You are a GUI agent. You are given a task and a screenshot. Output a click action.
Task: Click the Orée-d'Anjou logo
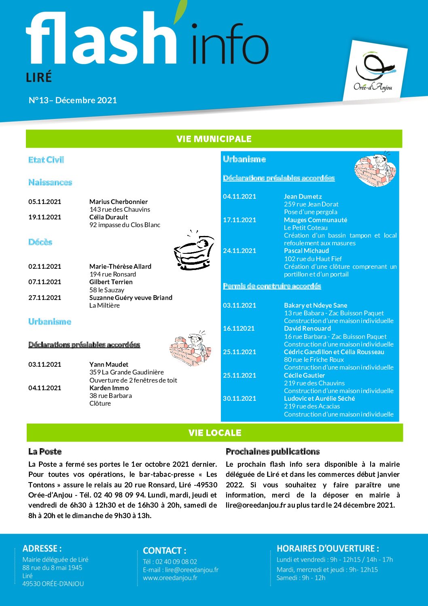[374, 72]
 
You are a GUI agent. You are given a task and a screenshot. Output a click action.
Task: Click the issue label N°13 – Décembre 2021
[73, 100]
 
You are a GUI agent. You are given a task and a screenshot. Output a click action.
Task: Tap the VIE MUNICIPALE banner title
[214, 139]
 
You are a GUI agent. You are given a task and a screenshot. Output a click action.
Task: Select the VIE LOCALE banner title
[215, 433]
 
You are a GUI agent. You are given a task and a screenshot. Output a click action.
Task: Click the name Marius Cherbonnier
[119, 202]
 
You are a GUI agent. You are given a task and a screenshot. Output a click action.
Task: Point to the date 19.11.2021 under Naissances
[45, 217]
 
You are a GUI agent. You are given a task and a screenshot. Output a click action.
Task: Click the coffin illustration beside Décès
[193, 251]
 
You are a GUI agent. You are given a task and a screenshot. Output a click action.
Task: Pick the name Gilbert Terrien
[111, 282]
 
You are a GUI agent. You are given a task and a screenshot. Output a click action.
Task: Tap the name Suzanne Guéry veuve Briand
[131, 298]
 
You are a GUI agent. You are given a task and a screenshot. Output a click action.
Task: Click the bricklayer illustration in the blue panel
[375, 170]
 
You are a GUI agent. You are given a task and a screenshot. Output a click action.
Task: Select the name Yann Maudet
[109, 364]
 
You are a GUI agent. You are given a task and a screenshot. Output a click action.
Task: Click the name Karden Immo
[109, 388]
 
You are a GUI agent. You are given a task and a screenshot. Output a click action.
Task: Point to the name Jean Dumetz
[303, 196]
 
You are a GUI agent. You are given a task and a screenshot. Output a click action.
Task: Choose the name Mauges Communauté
[316, 220]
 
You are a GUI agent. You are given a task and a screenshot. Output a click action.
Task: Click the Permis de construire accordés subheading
[272, 286]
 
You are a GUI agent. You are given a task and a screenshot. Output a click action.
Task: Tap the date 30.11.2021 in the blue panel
[239, 398]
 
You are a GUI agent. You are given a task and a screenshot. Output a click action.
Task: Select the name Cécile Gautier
[305, 375]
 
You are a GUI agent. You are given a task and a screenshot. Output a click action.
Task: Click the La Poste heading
[45, 451]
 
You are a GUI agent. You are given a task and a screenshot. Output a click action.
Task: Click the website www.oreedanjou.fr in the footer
[170, 578]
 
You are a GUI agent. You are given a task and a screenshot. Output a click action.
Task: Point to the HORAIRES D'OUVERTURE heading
[328, 549]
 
